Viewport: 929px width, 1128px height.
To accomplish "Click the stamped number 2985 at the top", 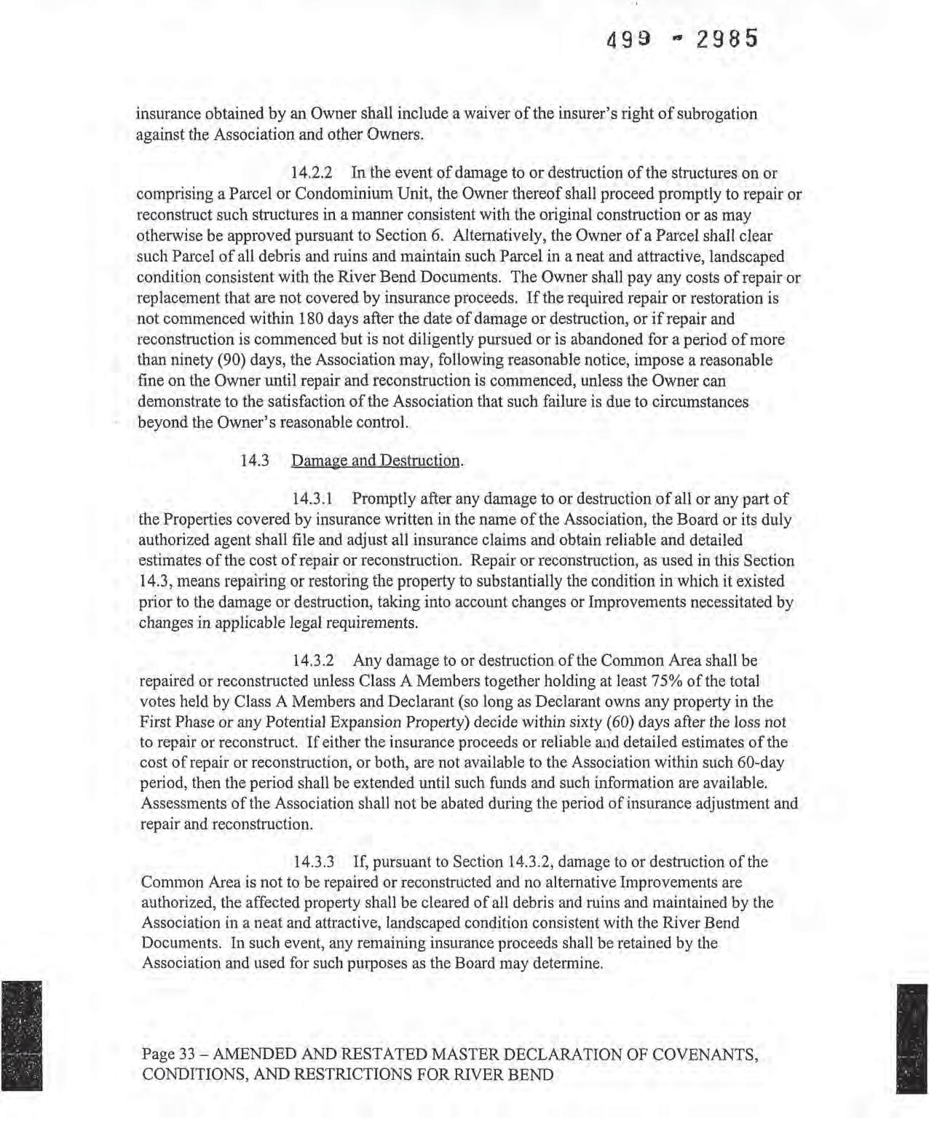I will pos(727,38).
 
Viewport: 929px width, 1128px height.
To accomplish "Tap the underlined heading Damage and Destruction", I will pos(376,461).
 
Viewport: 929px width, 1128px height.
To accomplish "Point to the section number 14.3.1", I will pos(312,499).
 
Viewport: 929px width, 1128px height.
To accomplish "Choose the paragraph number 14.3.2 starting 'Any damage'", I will pos(313,661).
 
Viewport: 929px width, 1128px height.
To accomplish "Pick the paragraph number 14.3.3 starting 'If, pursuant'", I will pos(313,862).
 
